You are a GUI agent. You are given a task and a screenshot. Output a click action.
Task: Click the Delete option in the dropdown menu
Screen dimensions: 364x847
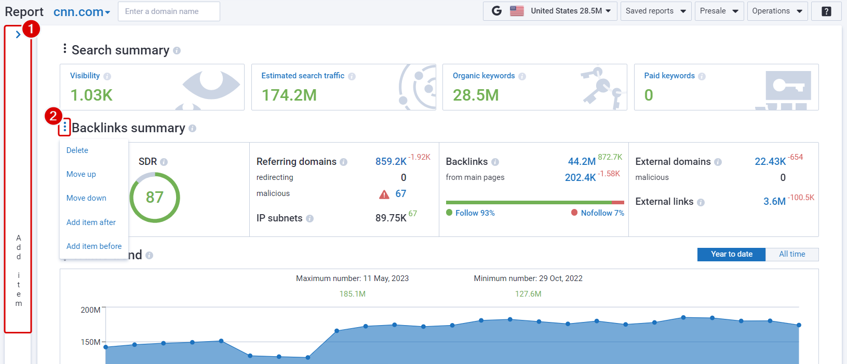click(x=77, y=150)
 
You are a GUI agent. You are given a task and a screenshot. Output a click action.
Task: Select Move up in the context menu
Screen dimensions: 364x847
click(x=81, y=174)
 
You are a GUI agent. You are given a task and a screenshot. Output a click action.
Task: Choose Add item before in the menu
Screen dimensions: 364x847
click(x=94, y=246)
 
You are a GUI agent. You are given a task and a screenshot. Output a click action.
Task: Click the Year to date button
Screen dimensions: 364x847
click(x=731, y=254)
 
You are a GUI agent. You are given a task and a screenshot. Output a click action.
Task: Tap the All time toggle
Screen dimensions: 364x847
click(x=792, y=254)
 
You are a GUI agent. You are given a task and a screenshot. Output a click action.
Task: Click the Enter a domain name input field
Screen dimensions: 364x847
click(x=169, y=11)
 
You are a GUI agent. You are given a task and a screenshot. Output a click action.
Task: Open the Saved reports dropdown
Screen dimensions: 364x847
click(x=655, y=11)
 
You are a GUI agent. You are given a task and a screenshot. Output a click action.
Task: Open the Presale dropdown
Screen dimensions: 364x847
click(x=719, y=11)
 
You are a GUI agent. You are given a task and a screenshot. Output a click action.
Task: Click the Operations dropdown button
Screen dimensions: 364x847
click(x=777, y=11)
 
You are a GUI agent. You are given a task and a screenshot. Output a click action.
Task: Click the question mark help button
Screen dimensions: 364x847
click(x=826, y=11)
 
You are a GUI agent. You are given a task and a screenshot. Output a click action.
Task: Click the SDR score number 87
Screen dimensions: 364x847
click(x=155, y=198)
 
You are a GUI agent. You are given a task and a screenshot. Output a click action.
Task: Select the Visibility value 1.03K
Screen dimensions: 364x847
click(x=91, y=95)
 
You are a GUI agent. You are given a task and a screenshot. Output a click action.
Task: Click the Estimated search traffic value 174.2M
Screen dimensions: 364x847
click(x=289, y=95)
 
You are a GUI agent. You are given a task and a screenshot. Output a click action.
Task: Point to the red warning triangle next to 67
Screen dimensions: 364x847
click(x=384, y=194)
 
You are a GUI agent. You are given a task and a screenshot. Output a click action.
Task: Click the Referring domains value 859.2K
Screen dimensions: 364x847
click(x=391, y=162)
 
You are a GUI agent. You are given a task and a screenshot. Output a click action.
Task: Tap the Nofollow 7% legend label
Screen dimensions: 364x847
click(x=602, y=213)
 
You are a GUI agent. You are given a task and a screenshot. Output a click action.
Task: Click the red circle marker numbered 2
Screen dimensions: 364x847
click(x=53, y=116)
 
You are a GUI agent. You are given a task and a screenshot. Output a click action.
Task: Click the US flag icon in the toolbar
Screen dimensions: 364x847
click(x=517, y=11)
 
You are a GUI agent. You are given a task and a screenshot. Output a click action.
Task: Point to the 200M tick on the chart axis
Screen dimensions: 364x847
click(x=91, y=310)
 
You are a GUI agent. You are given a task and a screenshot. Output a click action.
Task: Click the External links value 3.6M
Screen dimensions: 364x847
click(x=774, y=202)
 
